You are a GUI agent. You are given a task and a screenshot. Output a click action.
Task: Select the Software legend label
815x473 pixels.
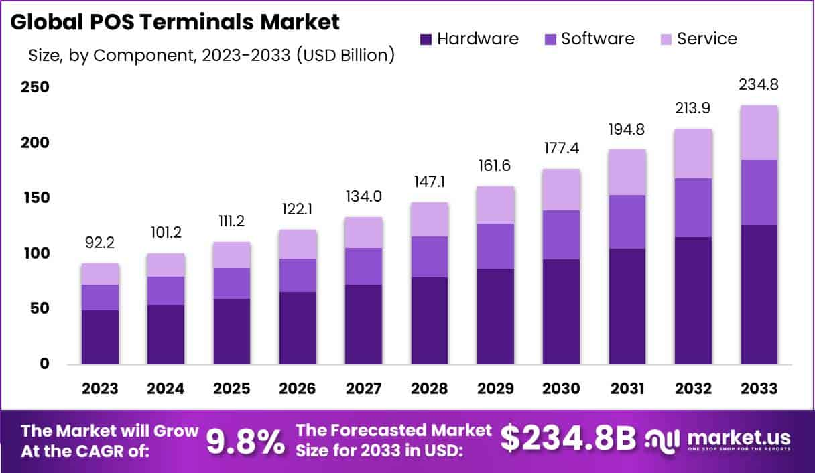tap(598, 39)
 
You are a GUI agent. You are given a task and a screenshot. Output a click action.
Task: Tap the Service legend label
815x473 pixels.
tap(706, 39)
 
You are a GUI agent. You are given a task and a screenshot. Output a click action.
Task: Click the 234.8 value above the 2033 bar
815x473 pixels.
tap(759, 85)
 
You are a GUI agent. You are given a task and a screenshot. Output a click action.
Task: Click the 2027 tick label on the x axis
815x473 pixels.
tap(364, 389)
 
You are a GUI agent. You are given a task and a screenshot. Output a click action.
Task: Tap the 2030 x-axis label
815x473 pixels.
tap(562, 389)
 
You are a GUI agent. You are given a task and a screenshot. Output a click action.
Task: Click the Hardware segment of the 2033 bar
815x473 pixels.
tap(759, 295)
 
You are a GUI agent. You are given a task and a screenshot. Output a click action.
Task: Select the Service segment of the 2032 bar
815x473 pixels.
tap(693, 153)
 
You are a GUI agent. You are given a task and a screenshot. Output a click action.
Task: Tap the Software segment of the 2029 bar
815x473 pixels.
tap(495, 246)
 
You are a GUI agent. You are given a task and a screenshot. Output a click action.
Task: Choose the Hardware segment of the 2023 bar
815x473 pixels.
tap(100, 337)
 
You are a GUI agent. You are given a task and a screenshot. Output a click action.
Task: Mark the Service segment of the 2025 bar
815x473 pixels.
tap(232, 255)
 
